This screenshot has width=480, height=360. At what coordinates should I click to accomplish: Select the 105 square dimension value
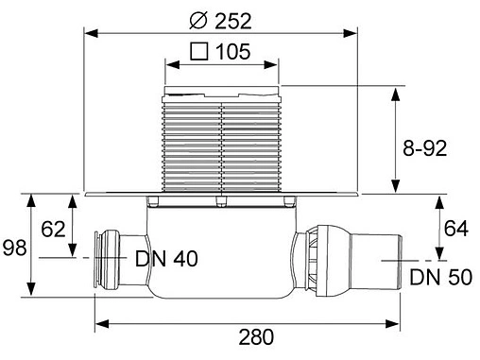click(231, 52)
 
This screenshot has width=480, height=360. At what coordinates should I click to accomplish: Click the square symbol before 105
click(200, 52)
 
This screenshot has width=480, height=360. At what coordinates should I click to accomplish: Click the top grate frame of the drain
click(222, 90)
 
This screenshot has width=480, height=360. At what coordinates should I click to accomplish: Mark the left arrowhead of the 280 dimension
click(99, 324)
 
